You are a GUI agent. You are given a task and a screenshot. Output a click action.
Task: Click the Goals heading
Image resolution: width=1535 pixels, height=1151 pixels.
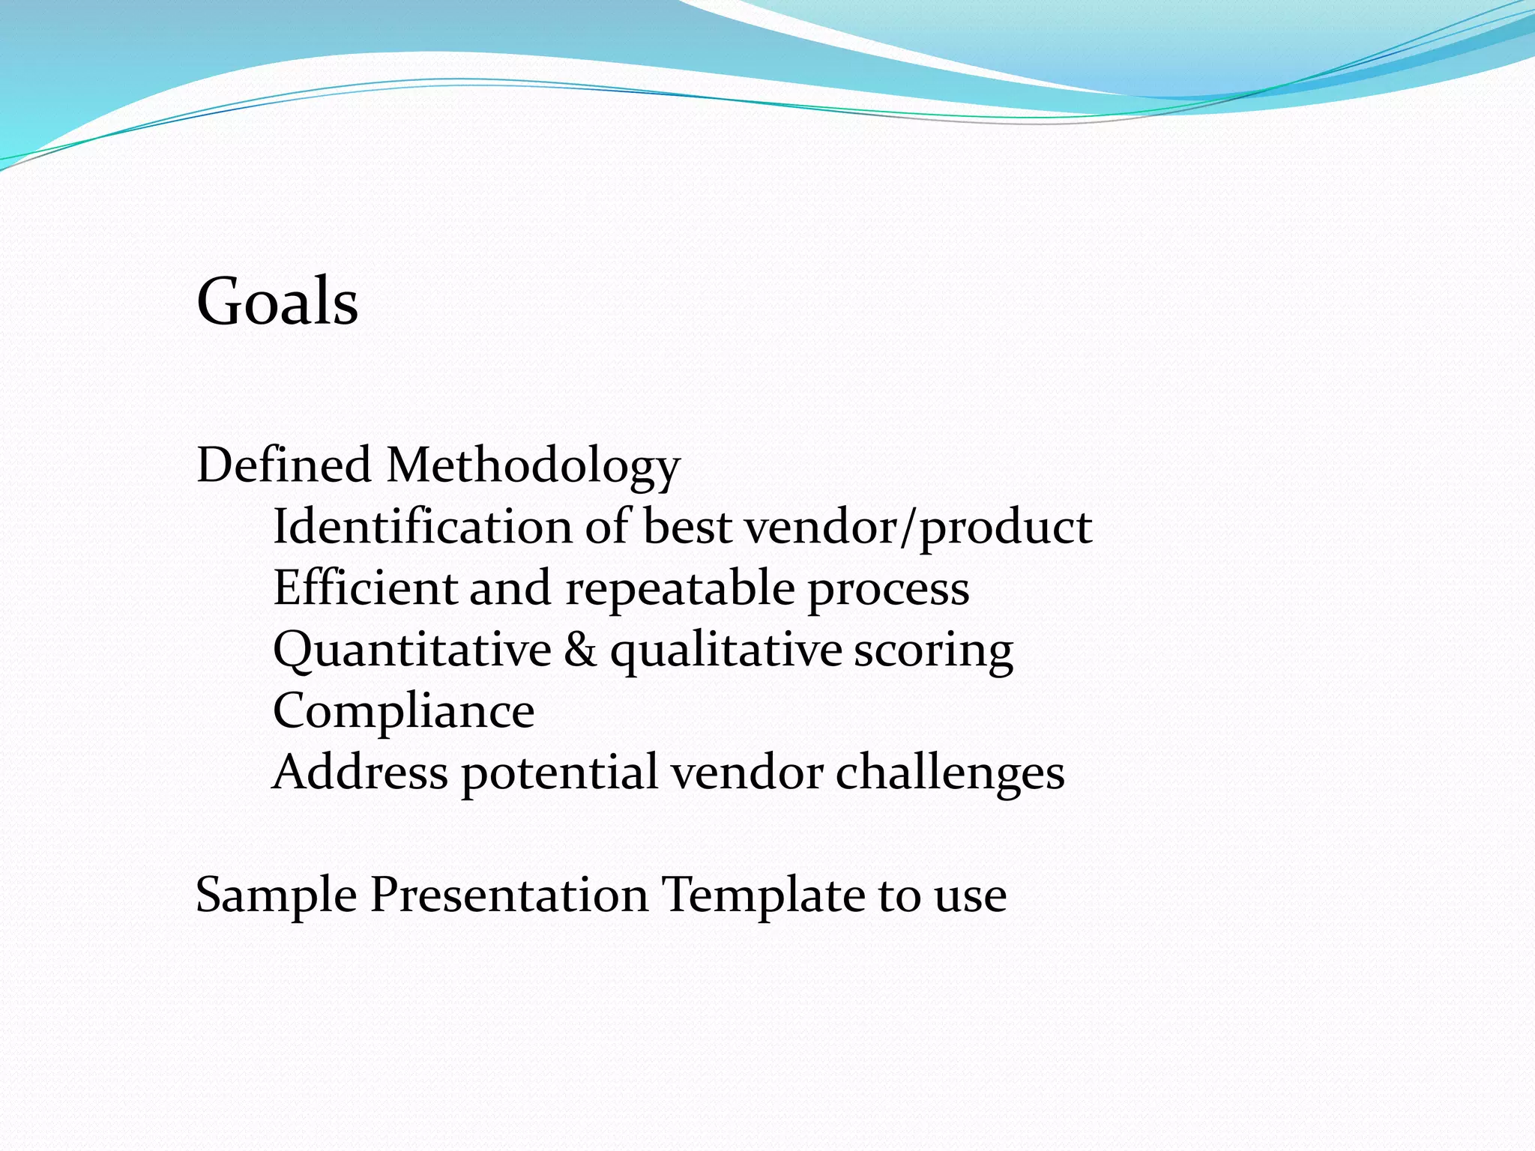point(277,301)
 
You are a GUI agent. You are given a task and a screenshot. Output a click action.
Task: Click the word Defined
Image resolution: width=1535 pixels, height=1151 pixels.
point(284,465)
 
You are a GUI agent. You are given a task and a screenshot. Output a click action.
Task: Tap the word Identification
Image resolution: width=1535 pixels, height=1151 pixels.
point(421,526)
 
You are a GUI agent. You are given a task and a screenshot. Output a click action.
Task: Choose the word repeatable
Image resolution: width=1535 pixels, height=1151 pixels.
point(679,589)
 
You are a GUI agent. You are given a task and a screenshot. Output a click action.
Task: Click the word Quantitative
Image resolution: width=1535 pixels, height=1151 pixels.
point(412,650)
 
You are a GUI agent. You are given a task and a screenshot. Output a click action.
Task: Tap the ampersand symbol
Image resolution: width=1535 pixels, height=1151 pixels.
point(580,649)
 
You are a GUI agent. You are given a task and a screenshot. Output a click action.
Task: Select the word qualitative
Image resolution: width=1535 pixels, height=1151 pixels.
point(726,650)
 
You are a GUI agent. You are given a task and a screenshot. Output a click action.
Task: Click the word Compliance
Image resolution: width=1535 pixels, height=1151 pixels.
point(403,712)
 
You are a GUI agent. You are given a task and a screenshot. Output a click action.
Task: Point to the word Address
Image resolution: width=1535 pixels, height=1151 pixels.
point(361,772)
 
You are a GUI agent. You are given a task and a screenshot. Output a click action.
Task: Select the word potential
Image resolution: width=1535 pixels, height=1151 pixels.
point(559,773)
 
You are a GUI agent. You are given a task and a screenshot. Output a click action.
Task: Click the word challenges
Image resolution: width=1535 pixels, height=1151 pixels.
point(950,773)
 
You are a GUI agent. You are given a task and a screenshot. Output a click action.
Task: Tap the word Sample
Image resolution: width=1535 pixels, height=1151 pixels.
point(276,896)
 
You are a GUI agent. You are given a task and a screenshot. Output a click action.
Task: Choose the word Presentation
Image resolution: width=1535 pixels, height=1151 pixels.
point(510,895)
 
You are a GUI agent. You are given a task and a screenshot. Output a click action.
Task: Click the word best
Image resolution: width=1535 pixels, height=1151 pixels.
point(687,526)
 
